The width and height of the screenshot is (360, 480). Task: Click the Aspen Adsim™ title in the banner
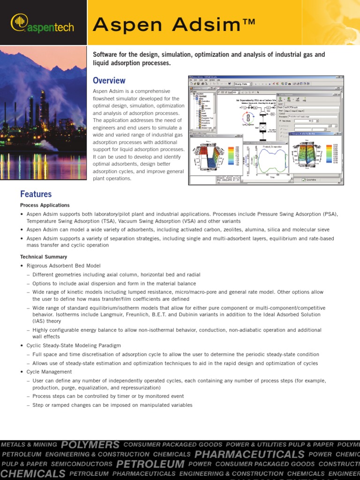174,23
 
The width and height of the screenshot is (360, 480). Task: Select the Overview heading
109,80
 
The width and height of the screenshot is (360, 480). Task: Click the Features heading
36,194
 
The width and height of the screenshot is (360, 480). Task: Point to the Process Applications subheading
45,205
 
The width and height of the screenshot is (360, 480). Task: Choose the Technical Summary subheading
43,257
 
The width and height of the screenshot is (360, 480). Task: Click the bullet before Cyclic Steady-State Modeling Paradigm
22,345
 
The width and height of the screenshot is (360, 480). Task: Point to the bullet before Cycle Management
22,372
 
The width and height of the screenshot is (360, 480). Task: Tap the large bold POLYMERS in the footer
90,444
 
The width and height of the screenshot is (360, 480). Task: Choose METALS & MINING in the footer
29,444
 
